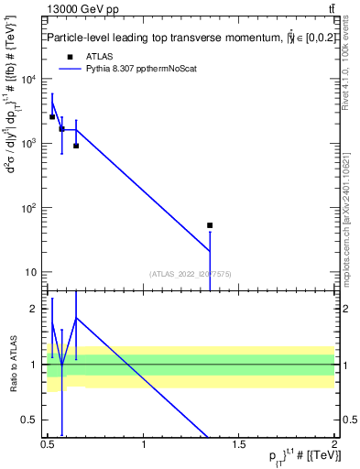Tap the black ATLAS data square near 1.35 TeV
point(210,225)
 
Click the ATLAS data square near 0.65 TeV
point(76,146)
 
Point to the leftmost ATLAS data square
point(52,116)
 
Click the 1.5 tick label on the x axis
point(239,446)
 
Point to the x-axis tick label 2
point(334,446)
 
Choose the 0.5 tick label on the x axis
point(48,446)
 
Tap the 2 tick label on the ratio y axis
point(37,309)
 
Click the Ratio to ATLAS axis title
point(13,365)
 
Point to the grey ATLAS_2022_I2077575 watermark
point(191,273)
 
